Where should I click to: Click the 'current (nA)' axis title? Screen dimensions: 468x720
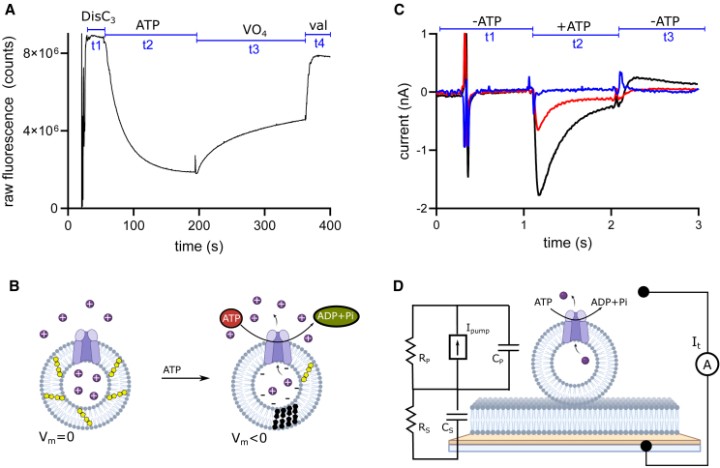[402, 120]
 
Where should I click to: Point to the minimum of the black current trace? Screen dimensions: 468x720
[539, 195]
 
